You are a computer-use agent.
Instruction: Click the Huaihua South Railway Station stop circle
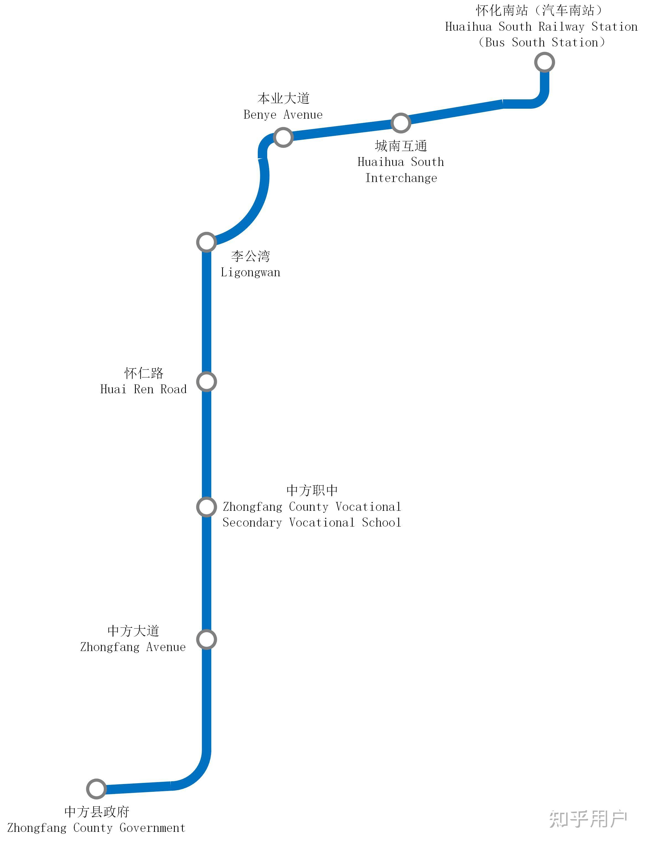click(x=544, y=62)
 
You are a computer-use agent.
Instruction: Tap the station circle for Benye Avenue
click(x=283, y=137)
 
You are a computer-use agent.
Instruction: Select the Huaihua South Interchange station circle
click(x=401, y=123)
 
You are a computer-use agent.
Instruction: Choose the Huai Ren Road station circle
click(x=207, y=382)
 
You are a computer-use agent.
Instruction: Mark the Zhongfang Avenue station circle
click(x=207, y=639)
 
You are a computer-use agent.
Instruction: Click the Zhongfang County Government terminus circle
click(x=96, y=789)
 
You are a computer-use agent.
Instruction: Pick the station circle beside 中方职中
click(x=207, y=507)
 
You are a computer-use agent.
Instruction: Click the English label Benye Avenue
click(x=283, y=115)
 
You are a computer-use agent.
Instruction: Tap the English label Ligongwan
click(x=250, y=272)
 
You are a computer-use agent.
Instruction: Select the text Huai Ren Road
click(x=143, y=389)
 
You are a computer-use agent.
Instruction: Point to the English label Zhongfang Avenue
click(x=133, y=647)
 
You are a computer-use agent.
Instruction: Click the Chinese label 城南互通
click(x=401, y=146)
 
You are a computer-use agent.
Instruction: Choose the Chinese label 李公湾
click(x=250, y=256)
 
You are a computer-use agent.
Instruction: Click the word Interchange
click(x=401, y=178)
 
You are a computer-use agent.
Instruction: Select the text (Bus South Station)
click(x=541, y=42)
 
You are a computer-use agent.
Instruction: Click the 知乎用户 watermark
click(x=588, y=818)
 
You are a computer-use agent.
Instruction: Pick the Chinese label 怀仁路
click(x=144, y=373)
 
